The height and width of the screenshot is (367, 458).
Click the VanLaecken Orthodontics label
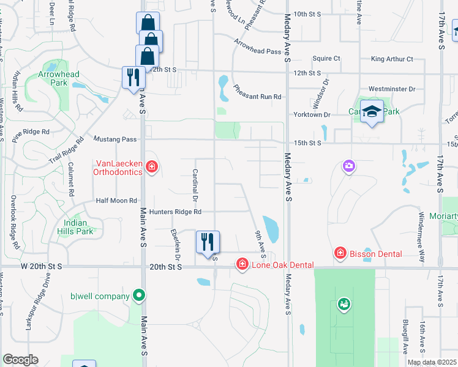(119, 168)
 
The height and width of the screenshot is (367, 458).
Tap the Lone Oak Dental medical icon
(242, 264)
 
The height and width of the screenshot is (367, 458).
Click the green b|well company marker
(139, 296)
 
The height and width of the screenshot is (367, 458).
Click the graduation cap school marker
(372, 112)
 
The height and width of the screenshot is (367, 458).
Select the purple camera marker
(349, 166)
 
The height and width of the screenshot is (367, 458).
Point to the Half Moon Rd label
(116, 201)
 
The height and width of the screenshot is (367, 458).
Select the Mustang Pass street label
(115, 139)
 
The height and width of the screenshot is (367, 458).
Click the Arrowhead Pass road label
(257, 51)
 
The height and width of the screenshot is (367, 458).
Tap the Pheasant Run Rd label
(257, 97)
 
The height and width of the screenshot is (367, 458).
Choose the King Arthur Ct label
(392, 59)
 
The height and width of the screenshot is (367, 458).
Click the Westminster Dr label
(392, 89)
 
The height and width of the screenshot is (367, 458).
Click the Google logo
(20, 360)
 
